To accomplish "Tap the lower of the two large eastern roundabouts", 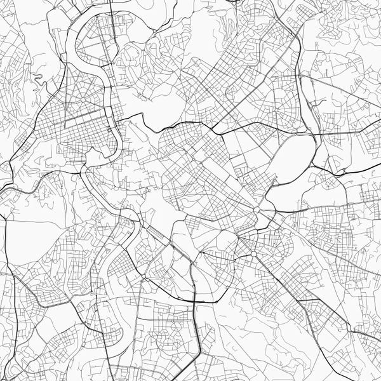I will point(253,254).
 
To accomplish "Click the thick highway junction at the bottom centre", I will point(194,298).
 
